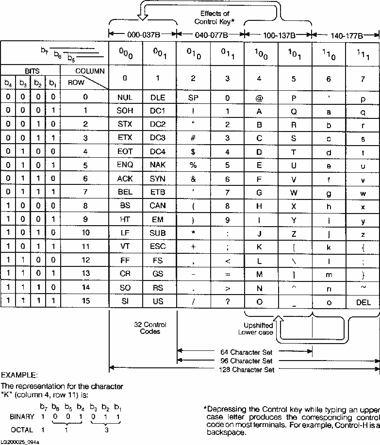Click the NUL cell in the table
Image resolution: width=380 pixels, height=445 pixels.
[125, 98]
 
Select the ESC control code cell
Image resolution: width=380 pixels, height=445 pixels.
[158, 247]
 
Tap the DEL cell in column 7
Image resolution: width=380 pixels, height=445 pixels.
[363, 302]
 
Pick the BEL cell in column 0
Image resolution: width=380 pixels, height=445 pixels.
[125, 193]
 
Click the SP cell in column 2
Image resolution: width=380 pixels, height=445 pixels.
[193, 98]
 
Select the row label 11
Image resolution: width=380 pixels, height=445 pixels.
[85, 247]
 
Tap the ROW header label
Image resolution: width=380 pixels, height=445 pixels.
[76, 82]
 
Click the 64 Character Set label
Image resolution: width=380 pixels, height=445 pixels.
[245, 352]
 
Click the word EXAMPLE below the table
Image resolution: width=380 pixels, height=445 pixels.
[17, 376]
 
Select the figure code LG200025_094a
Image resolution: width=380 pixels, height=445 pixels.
[20, 442]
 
